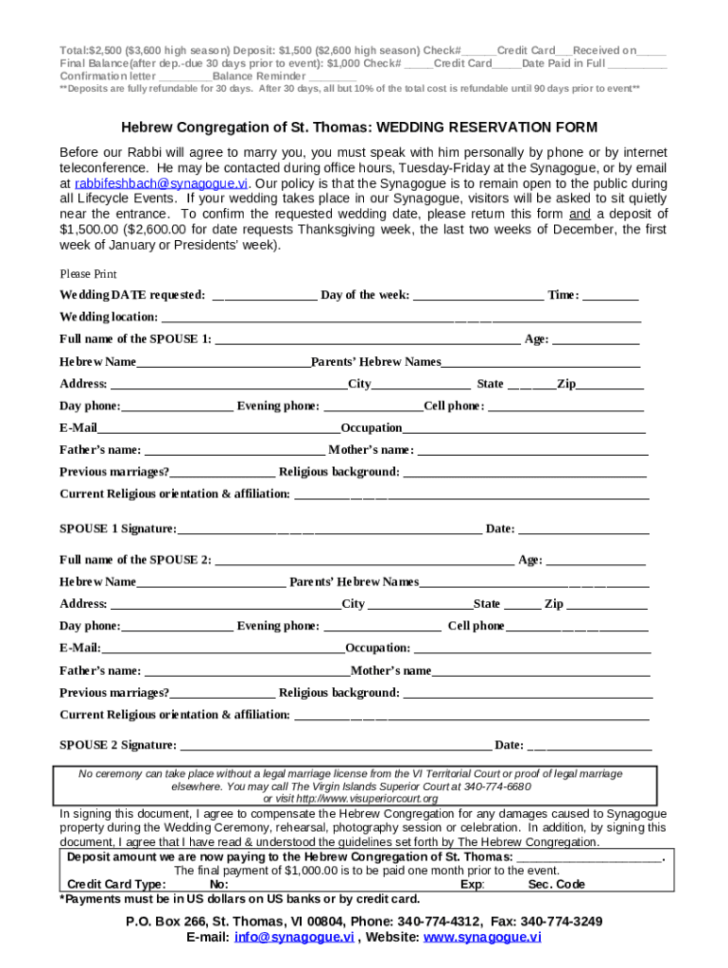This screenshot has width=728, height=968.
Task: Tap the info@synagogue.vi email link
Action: pyautogui.click(x=294, y=938)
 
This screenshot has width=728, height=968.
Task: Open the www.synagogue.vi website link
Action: pyautogui.click(x=482, y=938)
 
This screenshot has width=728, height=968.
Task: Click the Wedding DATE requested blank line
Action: pyautogui.click(x=265, y=296)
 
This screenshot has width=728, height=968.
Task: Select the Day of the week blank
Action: pyautogui.click(x=478, y=296)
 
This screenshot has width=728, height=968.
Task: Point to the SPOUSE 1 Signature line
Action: pyautogui.click(x=329, y=529)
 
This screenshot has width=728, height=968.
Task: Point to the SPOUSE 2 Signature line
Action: pyautogui.click(x=336, y=746)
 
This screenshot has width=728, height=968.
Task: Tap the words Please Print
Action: pyautogui.click(x=88, y=274)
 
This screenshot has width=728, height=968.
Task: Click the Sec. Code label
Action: pyautogui.click(x=557, y=885)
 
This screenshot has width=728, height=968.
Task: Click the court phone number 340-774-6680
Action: pyautogui.click(x=497, y=786)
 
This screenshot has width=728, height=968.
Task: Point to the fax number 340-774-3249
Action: pyautogui.click(x=562, y=922)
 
